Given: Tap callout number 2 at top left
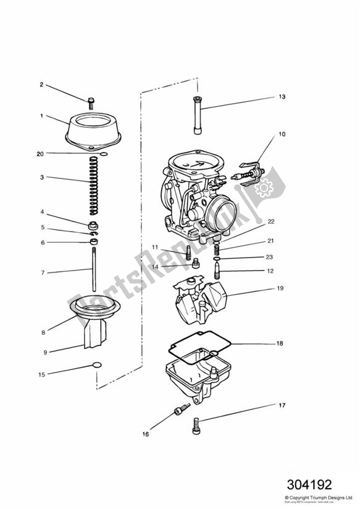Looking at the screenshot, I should [42, 85].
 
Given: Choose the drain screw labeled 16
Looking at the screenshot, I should [182, 409].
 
